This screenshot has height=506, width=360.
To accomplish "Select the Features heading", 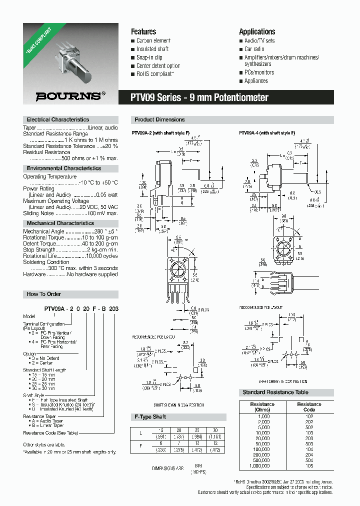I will pos(143,31).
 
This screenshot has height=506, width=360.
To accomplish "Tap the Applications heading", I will pos(257,31).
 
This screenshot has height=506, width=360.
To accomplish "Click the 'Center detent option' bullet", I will pos(158,66).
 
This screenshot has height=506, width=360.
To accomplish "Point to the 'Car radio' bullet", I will pos(254,49).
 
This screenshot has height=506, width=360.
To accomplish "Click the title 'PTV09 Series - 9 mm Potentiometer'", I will pos(200,98).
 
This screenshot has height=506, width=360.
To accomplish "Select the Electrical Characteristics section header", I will pos(57,120).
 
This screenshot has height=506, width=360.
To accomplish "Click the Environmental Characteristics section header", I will pos(63,168).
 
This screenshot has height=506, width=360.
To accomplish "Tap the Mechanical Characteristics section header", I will pos(60,223).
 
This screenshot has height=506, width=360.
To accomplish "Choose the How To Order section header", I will pos(43,294).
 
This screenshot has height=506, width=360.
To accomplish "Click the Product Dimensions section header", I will pos(159,120).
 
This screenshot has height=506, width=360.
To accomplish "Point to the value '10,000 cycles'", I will pos(102,255).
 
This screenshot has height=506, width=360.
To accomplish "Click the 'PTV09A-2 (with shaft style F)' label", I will pos(157,133).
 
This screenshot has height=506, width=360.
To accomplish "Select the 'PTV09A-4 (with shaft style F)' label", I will pos(267,133).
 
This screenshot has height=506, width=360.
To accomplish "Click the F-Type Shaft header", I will pos(150,416).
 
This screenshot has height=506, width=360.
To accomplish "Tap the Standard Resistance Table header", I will pos(275,392).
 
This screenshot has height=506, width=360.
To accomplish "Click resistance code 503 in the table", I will pos(309,443).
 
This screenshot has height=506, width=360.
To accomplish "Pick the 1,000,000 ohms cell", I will pos(262,465).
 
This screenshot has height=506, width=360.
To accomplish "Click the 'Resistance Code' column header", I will pos(309,407).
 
